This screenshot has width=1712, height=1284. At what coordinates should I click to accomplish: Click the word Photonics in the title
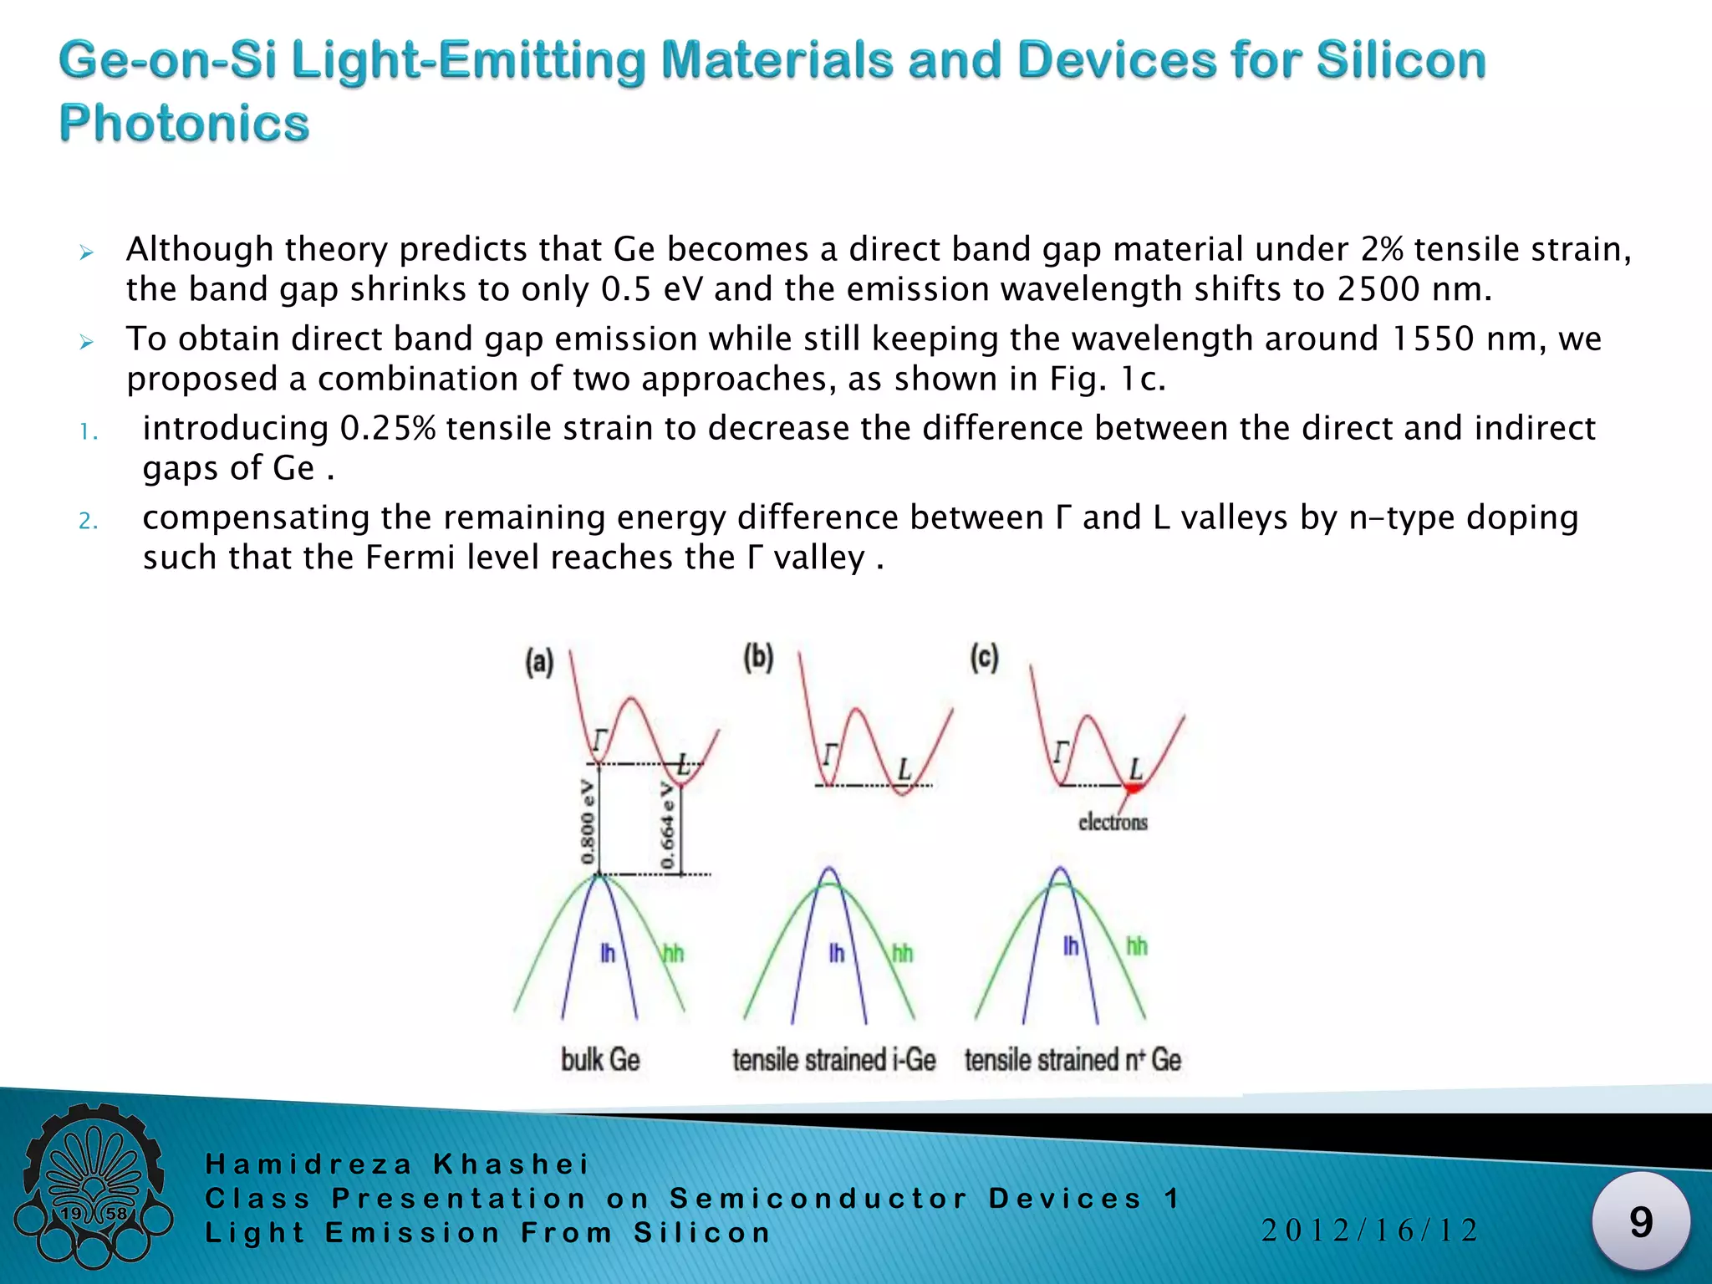point(184,124)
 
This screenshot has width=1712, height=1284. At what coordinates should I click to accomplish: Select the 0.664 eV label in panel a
point(668,826)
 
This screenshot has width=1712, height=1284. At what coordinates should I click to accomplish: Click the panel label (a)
point(539,663)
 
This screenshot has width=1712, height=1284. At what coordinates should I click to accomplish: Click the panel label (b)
point(758,658)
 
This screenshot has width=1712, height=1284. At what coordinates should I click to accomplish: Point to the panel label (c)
point(984,658)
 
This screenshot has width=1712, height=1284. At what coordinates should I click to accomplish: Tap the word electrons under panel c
point(1113,823)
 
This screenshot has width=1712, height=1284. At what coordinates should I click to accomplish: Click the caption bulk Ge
point(600,1060)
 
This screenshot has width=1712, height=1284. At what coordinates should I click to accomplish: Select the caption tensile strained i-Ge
point(833,1060)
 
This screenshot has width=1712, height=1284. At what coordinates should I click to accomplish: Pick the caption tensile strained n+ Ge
point(1073,1060)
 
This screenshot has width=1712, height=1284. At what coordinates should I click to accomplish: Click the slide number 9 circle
point(1640,1222)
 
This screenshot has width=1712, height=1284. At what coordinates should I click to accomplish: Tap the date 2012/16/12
point(1369,1230)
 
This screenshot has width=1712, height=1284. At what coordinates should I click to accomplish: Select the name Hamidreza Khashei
point(398,1164)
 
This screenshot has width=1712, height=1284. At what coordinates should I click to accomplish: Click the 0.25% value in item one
point(388,429)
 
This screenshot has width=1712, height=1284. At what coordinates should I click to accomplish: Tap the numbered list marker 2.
point(89,522)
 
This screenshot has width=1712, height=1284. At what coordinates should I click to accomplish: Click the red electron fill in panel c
point(1134,788)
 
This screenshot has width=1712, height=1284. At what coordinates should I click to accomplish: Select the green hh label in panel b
point(902,953)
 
